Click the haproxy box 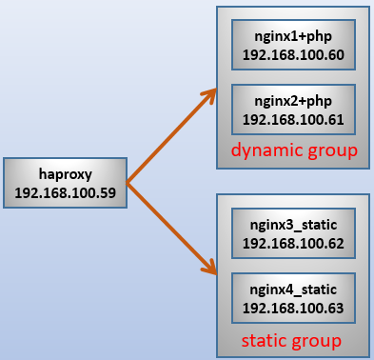tap(66, 183)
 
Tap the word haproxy tap(66, 174)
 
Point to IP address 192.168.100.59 tap(66, 192)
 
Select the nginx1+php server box tap(293, 45)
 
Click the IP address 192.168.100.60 tap(293, 55)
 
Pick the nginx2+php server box tap(293, 110)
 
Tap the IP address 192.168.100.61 tap(293, 120)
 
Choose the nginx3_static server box tap(293, 233)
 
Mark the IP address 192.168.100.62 tap(293, 244)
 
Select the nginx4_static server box tap(293, 298)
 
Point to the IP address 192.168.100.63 tap(293, 309)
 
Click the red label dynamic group tap(294, 150)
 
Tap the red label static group tap(291, 341)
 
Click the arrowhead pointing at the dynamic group tap(211, 93)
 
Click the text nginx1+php tap(293, 37)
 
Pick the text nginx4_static tap(293, 290)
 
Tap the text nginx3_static tap(293, 225)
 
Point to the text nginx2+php tap(293, 102)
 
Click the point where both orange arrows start tap(127, 183)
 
